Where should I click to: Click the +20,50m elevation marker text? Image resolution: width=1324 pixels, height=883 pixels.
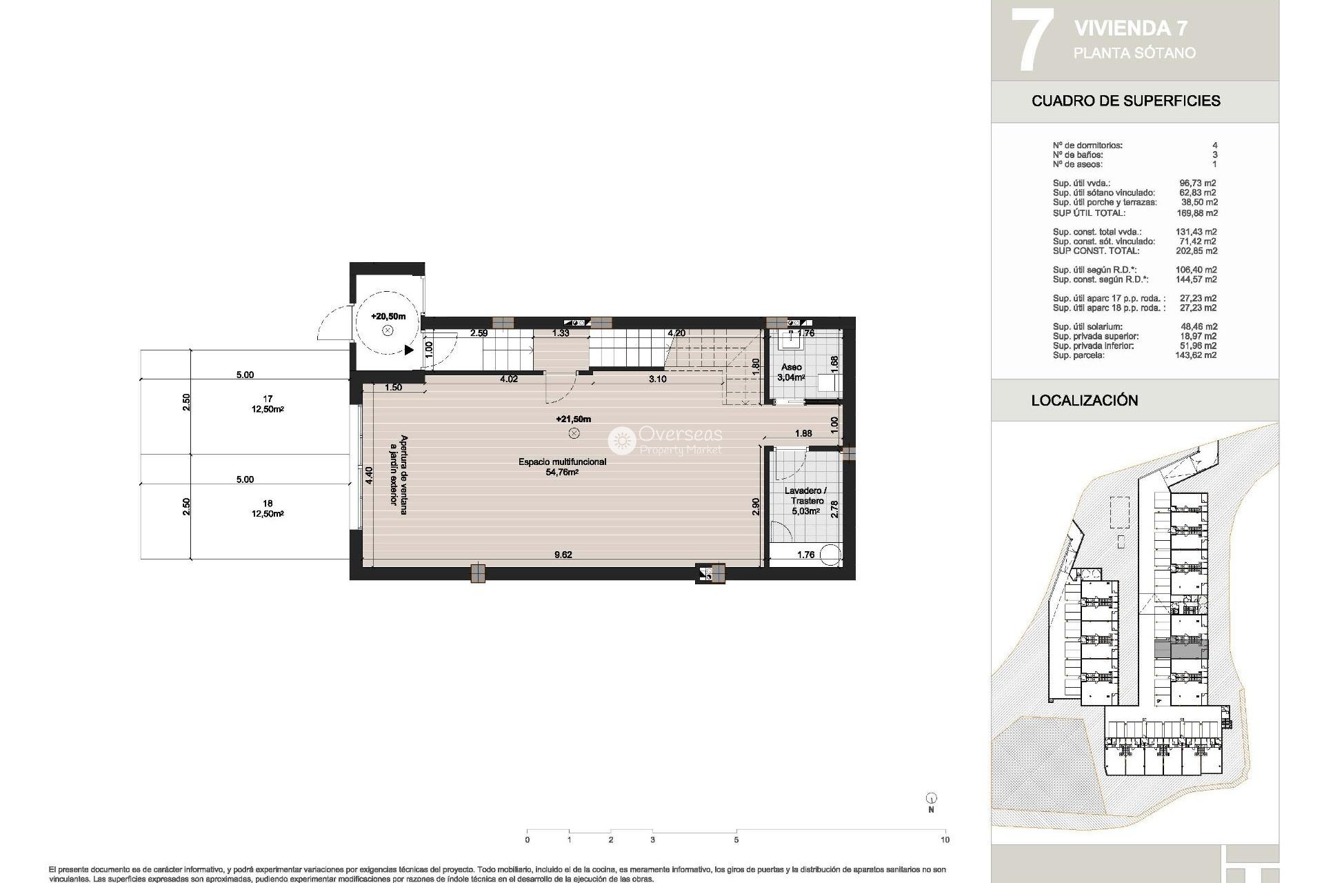point(388,317)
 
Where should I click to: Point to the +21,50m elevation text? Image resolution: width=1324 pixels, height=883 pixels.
point(573,419)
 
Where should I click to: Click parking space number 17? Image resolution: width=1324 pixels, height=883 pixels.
point(268,399)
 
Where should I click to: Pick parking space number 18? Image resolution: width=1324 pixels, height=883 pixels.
point(268,504)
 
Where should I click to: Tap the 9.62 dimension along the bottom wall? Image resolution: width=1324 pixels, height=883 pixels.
point(563,555)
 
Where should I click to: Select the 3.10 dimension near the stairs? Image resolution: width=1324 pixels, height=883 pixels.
point(657,379)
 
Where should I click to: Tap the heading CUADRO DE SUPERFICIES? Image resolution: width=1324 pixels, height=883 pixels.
point(1125,101)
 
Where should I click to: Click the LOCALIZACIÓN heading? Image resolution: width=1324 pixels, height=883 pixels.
point(1084,401)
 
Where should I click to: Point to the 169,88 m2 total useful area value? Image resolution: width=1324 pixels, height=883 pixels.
point(1196,213)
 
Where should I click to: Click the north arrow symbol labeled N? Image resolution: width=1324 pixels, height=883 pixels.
point(931,800)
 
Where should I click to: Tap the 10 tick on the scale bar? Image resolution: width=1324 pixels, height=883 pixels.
point(945,840)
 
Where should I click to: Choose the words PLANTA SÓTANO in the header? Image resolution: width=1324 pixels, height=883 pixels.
point(1134,53)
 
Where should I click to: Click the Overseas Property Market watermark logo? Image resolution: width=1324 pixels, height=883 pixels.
point(665,440)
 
